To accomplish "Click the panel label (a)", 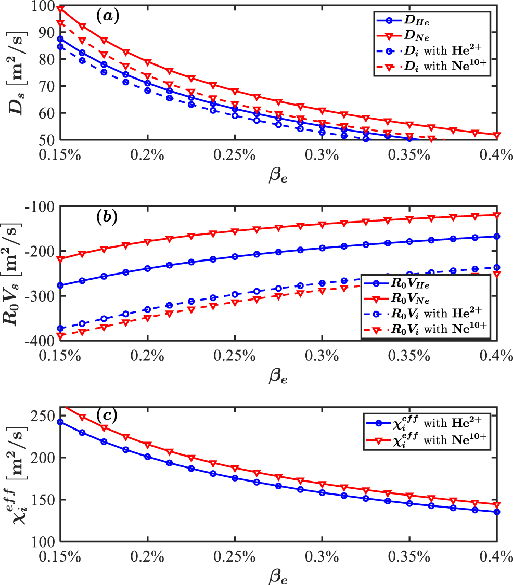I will point(108,15).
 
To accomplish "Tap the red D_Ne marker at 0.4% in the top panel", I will point(496,135).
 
